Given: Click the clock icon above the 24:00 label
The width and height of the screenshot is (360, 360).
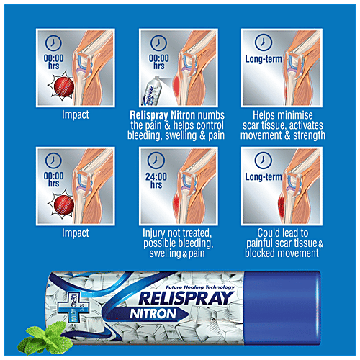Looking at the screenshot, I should click(158, 163).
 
